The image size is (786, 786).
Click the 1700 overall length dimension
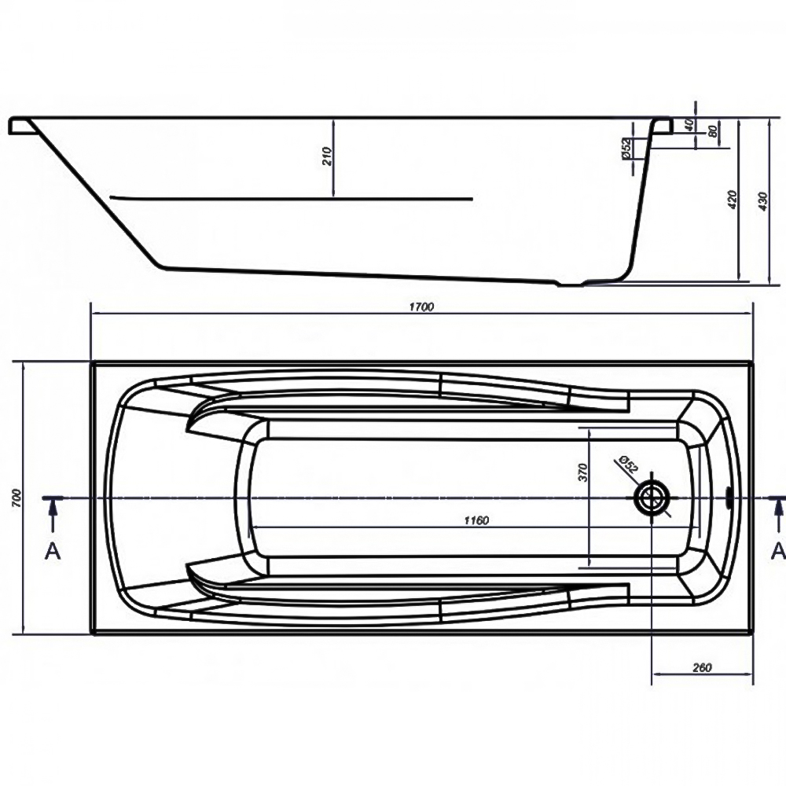421,307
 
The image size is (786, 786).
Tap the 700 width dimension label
17,498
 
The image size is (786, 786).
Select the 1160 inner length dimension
476,520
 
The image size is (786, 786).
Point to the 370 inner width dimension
582,472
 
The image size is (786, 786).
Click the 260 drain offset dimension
702,667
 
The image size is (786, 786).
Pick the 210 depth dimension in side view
327,156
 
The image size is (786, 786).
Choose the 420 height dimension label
732,200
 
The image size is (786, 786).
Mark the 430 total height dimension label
762,201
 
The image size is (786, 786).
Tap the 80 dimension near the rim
712,131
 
